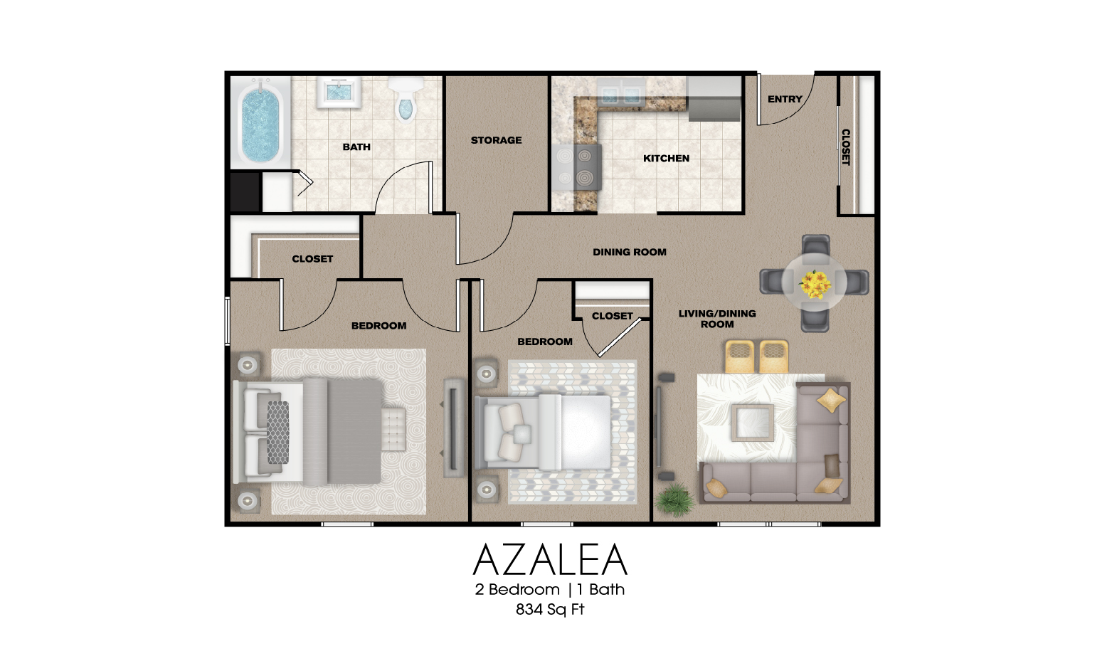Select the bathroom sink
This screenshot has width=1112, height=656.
tap(339, 92)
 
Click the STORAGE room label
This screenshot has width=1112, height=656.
tap(496, 140)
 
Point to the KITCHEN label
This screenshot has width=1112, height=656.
tap(666, 158)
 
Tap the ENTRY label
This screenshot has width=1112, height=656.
tap(785, 99)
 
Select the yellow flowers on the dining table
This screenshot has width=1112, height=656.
tap(815, 284)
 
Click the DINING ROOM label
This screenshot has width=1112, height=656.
tap(630, 252)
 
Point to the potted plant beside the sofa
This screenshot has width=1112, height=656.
tap(674, 499)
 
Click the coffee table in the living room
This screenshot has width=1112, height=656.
tap(753, 423)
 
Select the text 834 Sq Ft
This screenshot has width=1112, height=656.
tap(550, 610)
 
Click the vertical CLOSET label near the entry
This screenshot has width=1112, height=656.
tap(846, 147)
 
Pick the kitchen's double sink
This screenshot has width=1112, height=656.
tap(621, 94)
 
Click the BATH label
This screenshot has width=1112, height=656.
tap(356, 147)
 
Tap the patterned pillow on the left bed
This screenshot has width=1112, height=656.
tap(277, 432)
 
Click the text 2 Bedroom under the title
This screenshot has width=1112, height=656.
tap(517, 590)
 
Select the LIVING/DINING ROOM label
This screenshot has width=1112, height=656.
tap(717, 319)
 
